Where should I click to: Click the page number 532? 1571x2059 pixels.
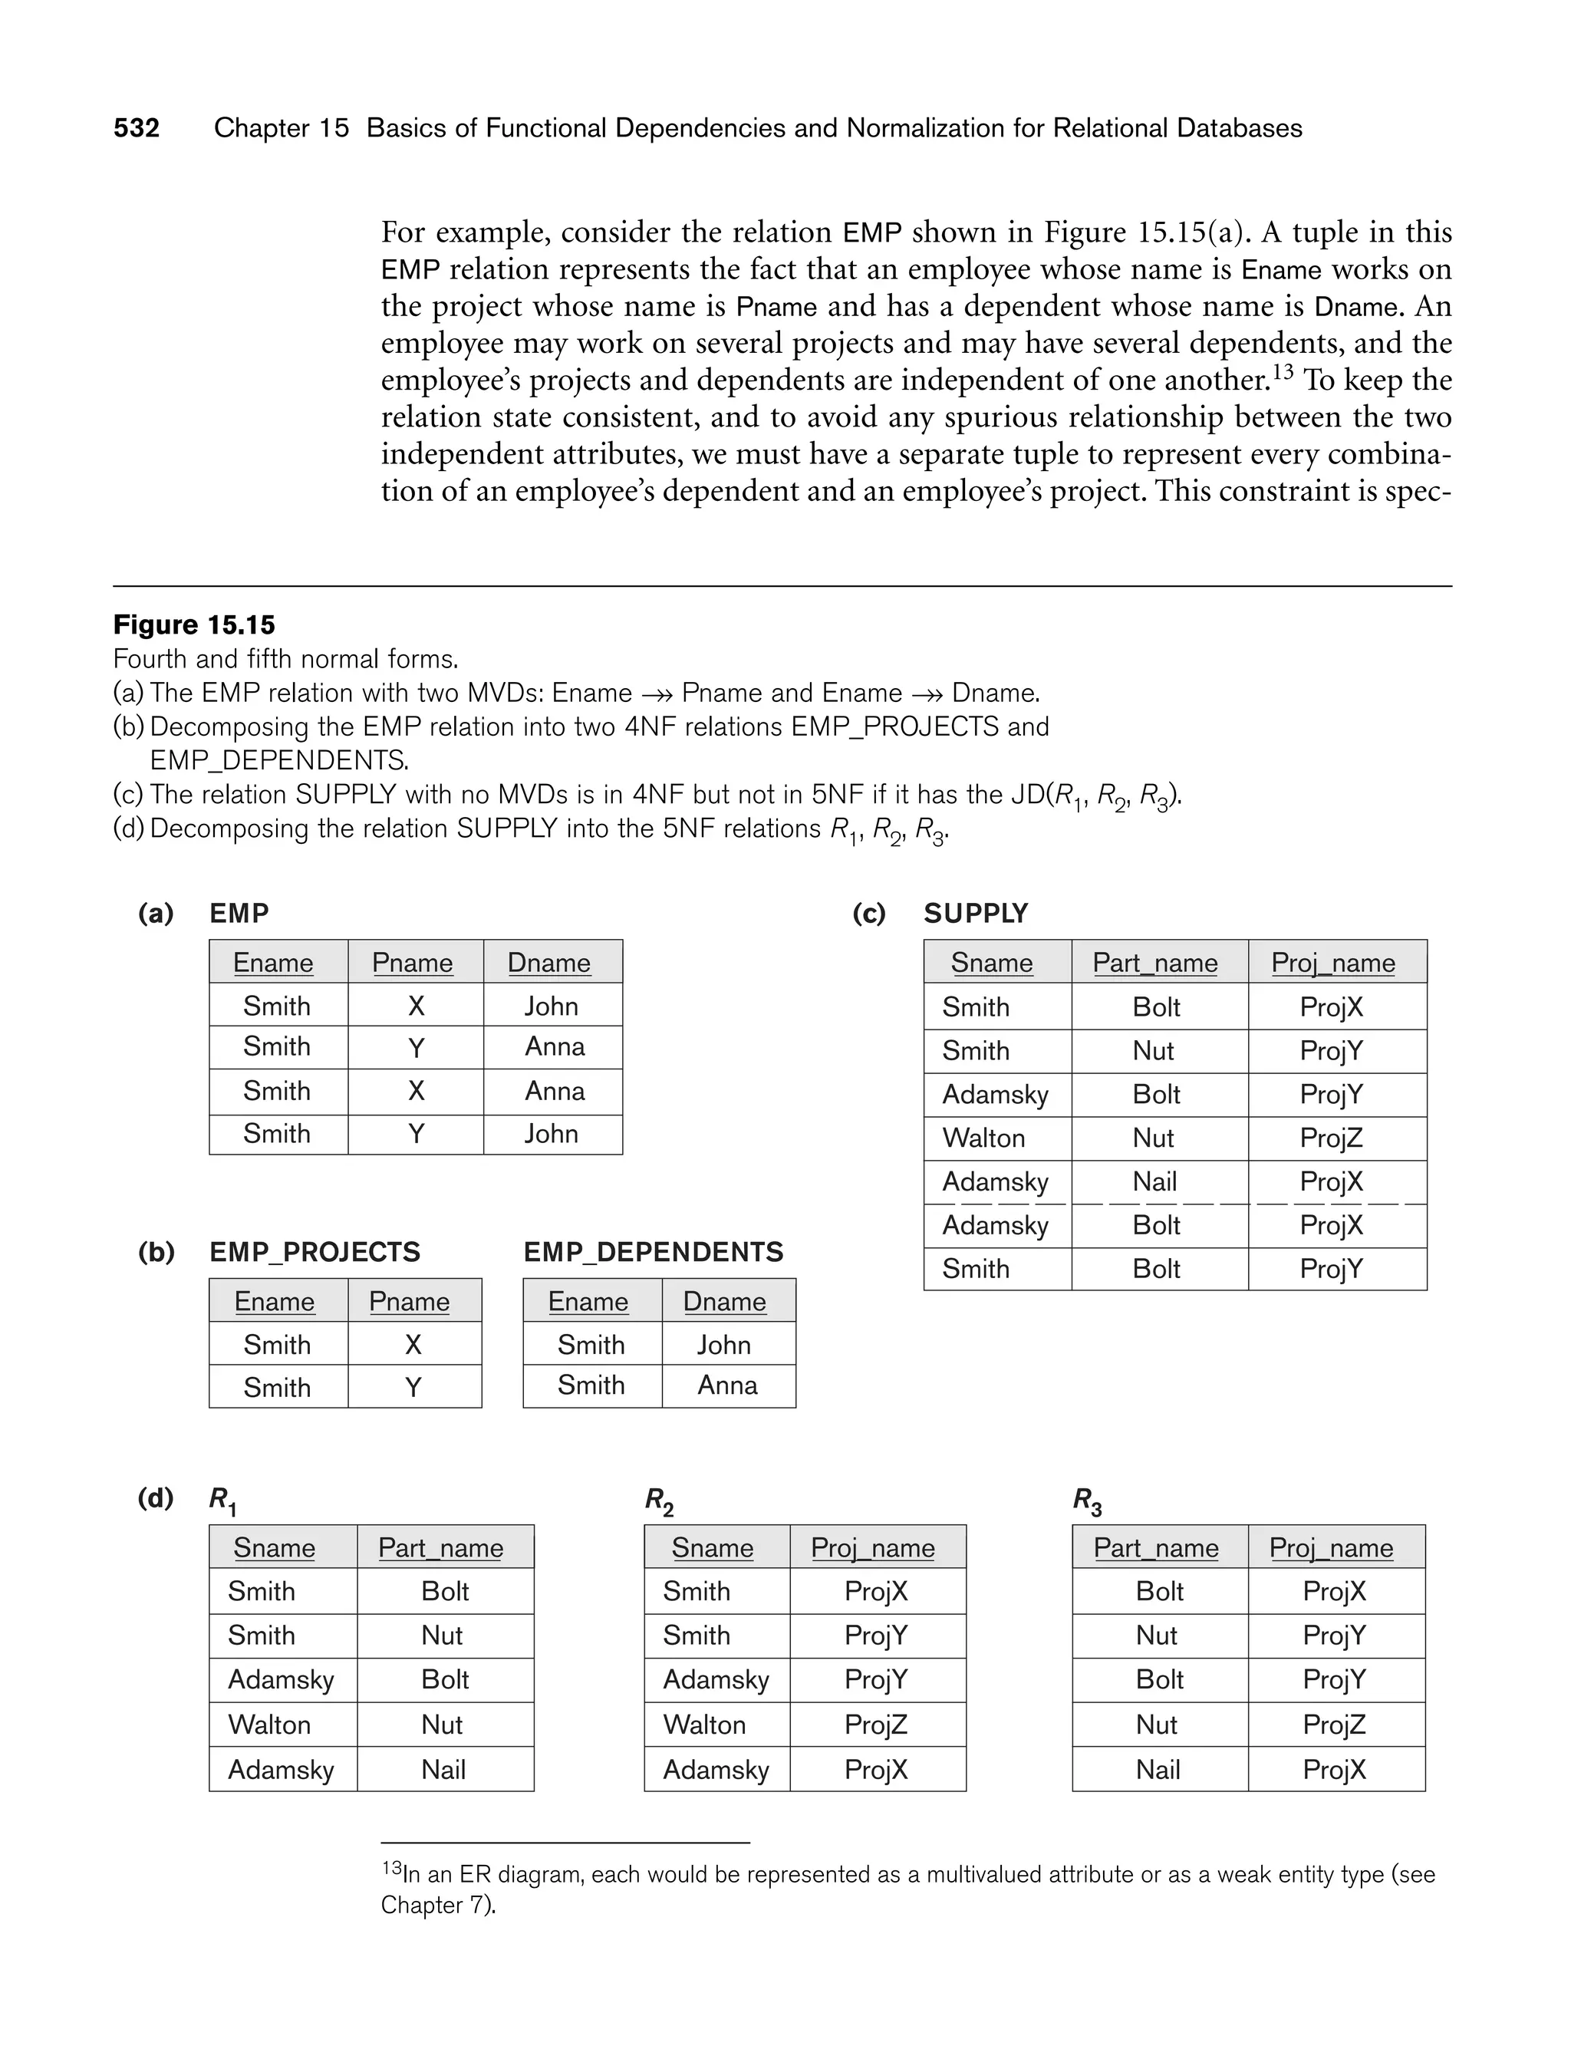pyautogui.click(x=137, y=128)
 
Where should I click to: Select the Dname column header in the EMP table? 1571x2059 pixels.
pyautogui.click(x=549, y=962)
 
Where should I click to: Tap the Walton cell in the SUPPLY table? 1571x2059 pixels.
pyautogui.click(x=983, y=1138)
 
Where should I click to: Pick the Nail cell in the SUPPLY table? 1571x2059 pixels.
pyautogui.click(x=1155, y=1182)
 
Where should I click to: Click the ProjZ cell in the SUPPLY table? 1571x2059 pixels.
pyautogui.click(x=1332, y=1138)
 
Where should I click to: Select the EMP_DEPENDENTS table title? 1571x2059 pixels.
pyautogui.click(x=654, y=1252)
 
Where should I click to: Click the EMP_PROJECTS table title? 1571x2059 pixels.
pyautogui.click(x=315, y=1252)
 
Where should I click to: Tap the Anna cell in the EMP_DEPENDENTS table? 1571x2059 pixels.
pyautogui.click(x=727, y=1385)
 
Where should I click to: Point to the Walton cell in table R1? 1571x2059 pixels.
pyautogui.click(x=269, y=1725)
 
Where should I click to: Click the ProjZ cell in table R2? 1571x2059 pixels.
pyautogui.click(x=876, y=1725)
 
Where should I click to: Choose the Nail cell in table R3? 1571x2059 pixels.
pyautogui.click(x=1158, y=1769)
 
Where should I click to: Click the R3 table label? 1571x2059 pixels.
pyautogui.click(x=1087, y=1500)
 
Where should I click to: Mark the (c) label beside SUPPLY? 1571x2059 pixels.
pyautogui.click(x=868, y=914)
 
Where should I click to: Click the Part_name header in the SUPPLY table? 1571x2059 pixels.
pyautogui.click(x=1155, y=962)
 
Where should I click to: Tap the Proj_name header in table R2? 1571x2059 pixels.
pyautogui.click(x=872, y=1547)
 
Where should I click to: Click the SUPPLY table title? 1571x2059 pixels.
pyautogui.click(x=975, y=914)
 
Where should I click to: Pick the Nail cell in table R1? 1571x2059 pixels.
pyautogui.click(x=443, y=1769)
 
